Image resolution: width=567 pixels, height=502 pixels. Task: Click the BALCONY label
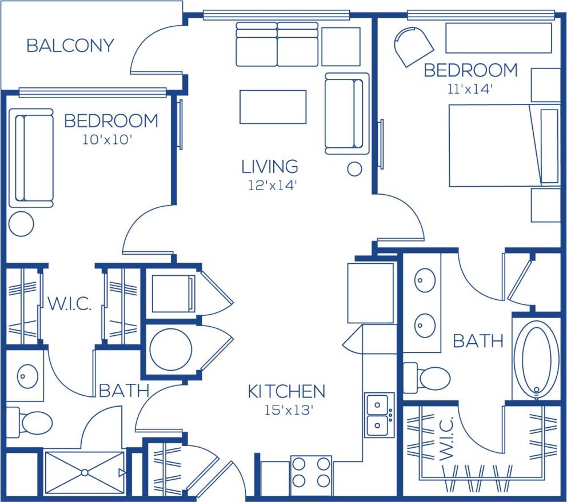pos(70,46)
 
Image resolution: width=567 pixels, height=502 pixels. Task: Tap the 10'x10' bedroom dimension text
pos(107,139)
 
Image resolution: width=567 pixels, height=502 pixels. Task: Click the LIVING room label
pos(270,167)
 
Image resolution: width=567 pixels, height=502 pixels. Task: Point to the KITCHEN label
pos(286,392)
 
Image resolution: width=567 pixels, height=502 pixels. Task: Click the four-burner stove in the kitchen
pos(311,471)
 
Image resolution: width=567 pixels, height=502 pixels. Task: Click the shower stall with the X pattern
pos(85,472)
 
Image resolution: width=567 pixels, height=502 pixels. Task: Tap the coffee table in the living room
pos(273,107)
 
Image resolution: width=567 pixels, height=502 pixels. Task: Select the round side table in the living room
pos(355,168)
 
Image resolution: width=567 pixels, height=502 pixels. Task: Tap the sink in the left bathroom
pos(27,376)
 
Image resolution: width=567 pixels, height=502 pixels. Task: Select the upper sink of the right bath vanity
pos(425,281)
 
